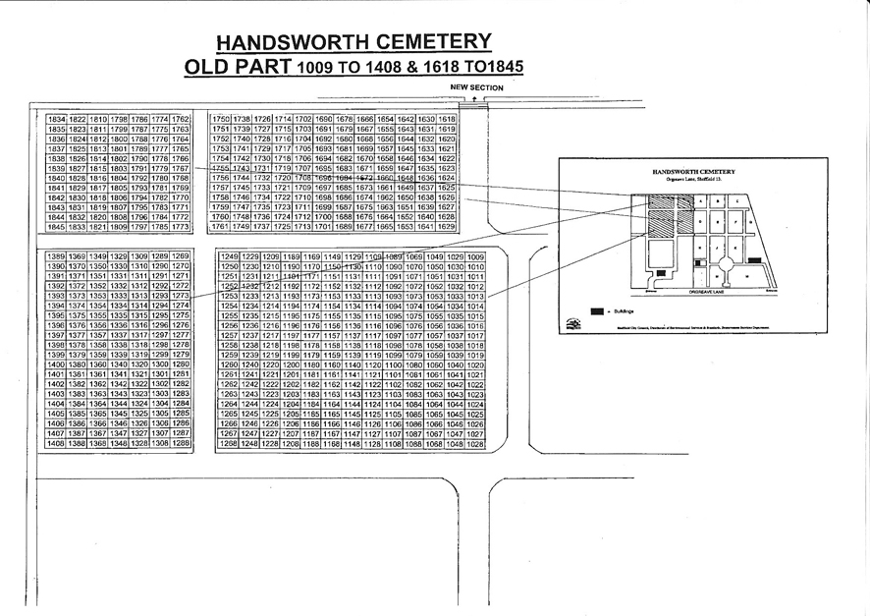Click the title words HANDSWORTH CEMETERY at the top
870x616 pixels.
pyautogui.click(x=353, y=42)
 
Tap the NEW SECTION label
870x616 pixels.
pyautogui.click(x=476, y=88)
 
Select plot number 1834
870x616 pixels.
pyautogui.click(x=56, y=119)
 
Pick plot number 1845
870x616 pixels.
pyautogui.click(x=56, y=227)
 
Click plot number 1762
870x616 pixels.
pyautogui.click(x=180, y=119)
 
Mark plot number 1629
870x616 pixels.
pyautogui.click(x=447, y=227)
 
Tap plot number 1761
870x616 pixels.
pyautogui.click(x=221, y=227)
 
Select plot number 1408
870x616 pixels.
pyautogui.click(x=56, y=444)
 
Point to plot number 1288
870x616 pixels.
pyautogui.click(x=180, y=444)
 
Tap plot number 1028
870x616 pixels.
pyautogui.click(x=476, y=444)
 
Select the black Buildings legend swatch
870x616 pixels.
pyautogui.click(x=595, y=310)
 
